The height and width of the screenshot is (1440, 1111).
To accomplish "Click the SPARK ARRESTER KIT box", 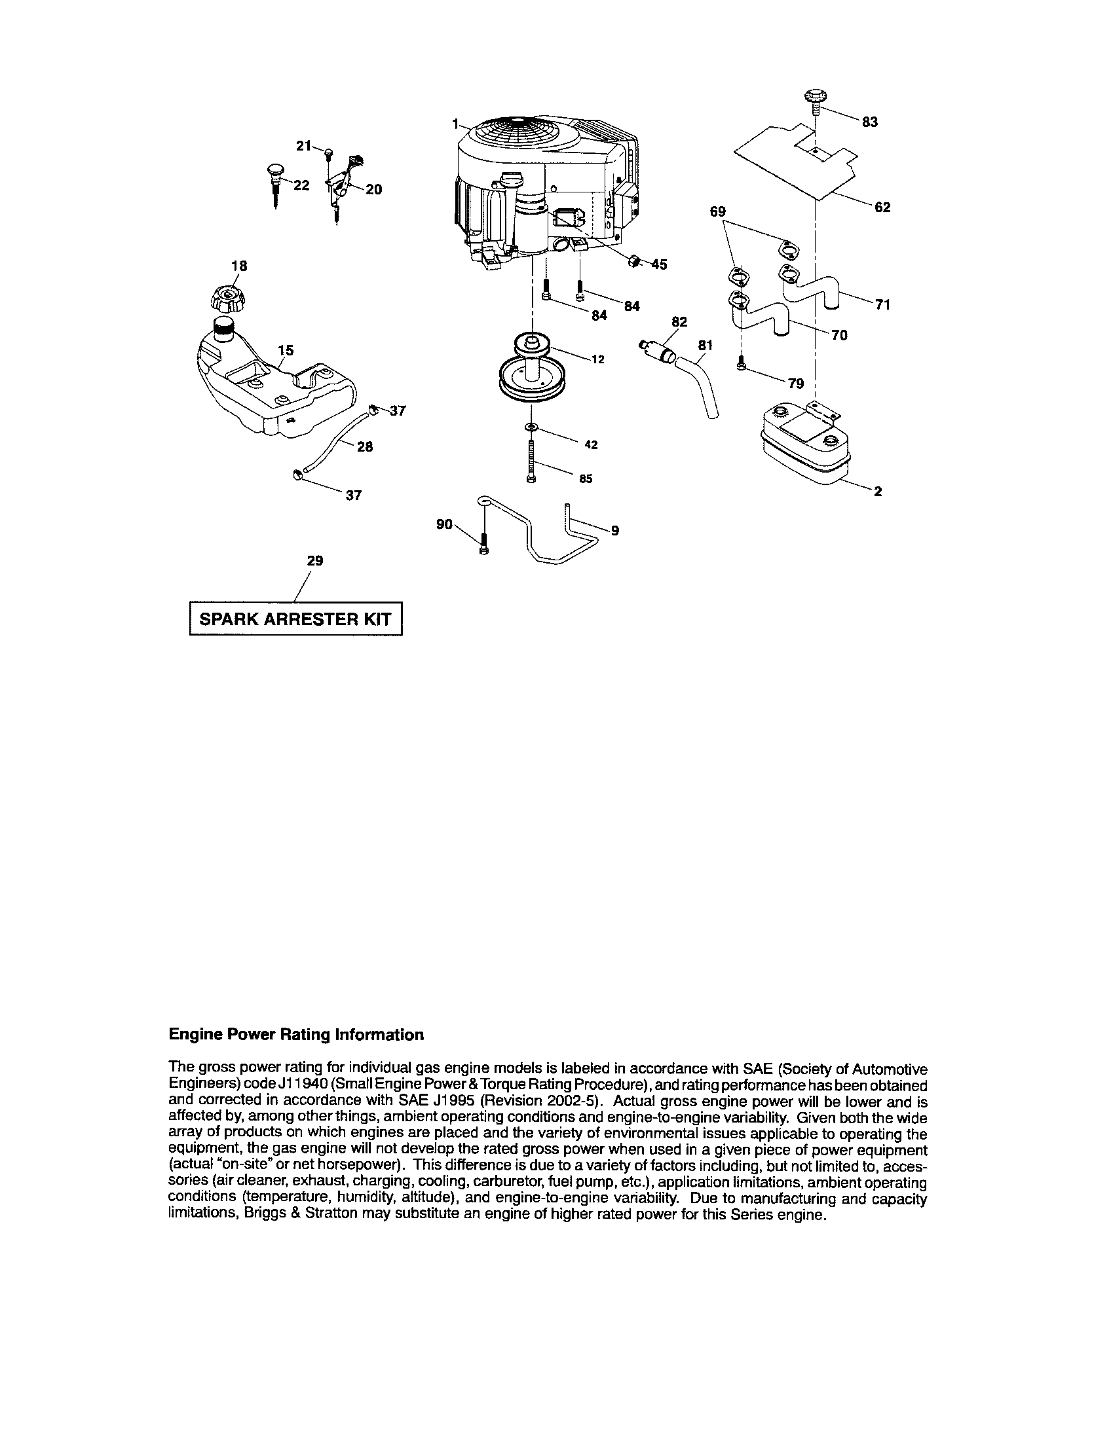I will click(x=295, y=619).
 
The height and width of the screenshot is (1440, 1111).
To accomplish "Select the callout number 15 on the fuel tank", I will click(x=286, y=350).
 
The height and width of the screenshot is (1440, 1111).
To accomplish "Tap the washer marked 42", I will click(x=531, y=429).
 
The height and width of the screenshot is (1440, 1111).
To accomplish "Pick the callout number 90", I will click(x=445, y=524).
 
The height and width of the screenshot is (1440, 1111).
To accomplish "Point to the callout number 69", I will click(x=718, y=211).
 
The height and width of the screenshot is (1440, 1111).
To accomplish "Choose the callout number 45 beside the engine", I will click(x=658, y=264).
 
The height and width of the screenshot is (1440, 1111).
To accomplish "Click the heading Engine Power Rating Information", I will click(x=296, y=1034).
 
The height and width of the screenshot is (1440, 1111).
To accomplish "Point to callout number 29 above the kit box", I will click(x=315, y=560).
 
